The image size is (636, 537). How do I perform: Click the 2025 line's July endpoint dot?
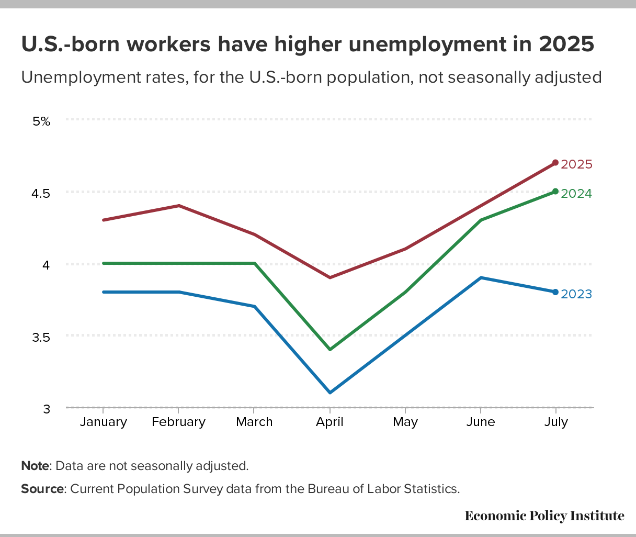[x=555, y=163]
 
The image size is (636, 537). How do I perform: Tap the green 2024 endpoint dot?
[x=555, y=192]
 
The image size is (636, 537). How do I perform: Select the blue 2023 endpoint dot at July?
[x=555, y=292]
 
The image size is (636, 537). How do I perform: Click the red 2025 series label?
[x=576, y=164]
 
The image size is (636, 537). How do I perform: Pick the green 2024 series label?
[x=576, y=194]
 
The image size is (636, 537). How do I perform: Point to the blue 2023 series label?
[x=576, y=294]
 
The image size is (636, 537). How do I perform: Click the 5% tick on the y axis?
[x=41, y=121]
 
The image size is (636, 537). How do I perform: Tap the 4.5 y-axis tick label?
[x=41, y=193]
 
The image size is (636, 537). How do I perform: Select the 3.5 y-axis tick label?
[x=41, y=337]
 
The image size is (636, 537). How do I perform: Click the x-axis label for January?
[x=104, y=422]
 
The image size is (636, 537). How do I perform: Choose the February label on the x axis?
[x=178, y=422]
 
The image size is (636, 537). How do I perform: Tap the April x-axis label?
[x=330, y=422]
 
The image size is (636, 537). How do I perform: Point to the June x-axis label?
[x=480, y=422]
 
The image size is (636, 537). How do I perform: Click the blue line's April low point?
[x=330, y=393]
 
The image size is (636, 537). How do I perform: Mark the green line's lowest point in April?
[x=330, y=349]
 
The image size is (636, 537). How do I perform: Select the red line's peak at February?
[x=179, y=206]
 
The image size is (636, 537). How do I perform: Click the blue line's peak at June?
[x=480, y=277]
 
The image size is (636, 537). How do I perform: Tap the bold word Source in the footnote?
[x=42, y=489]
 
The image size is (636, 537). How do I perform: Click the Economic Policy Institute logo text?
[x=544, y=516]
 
